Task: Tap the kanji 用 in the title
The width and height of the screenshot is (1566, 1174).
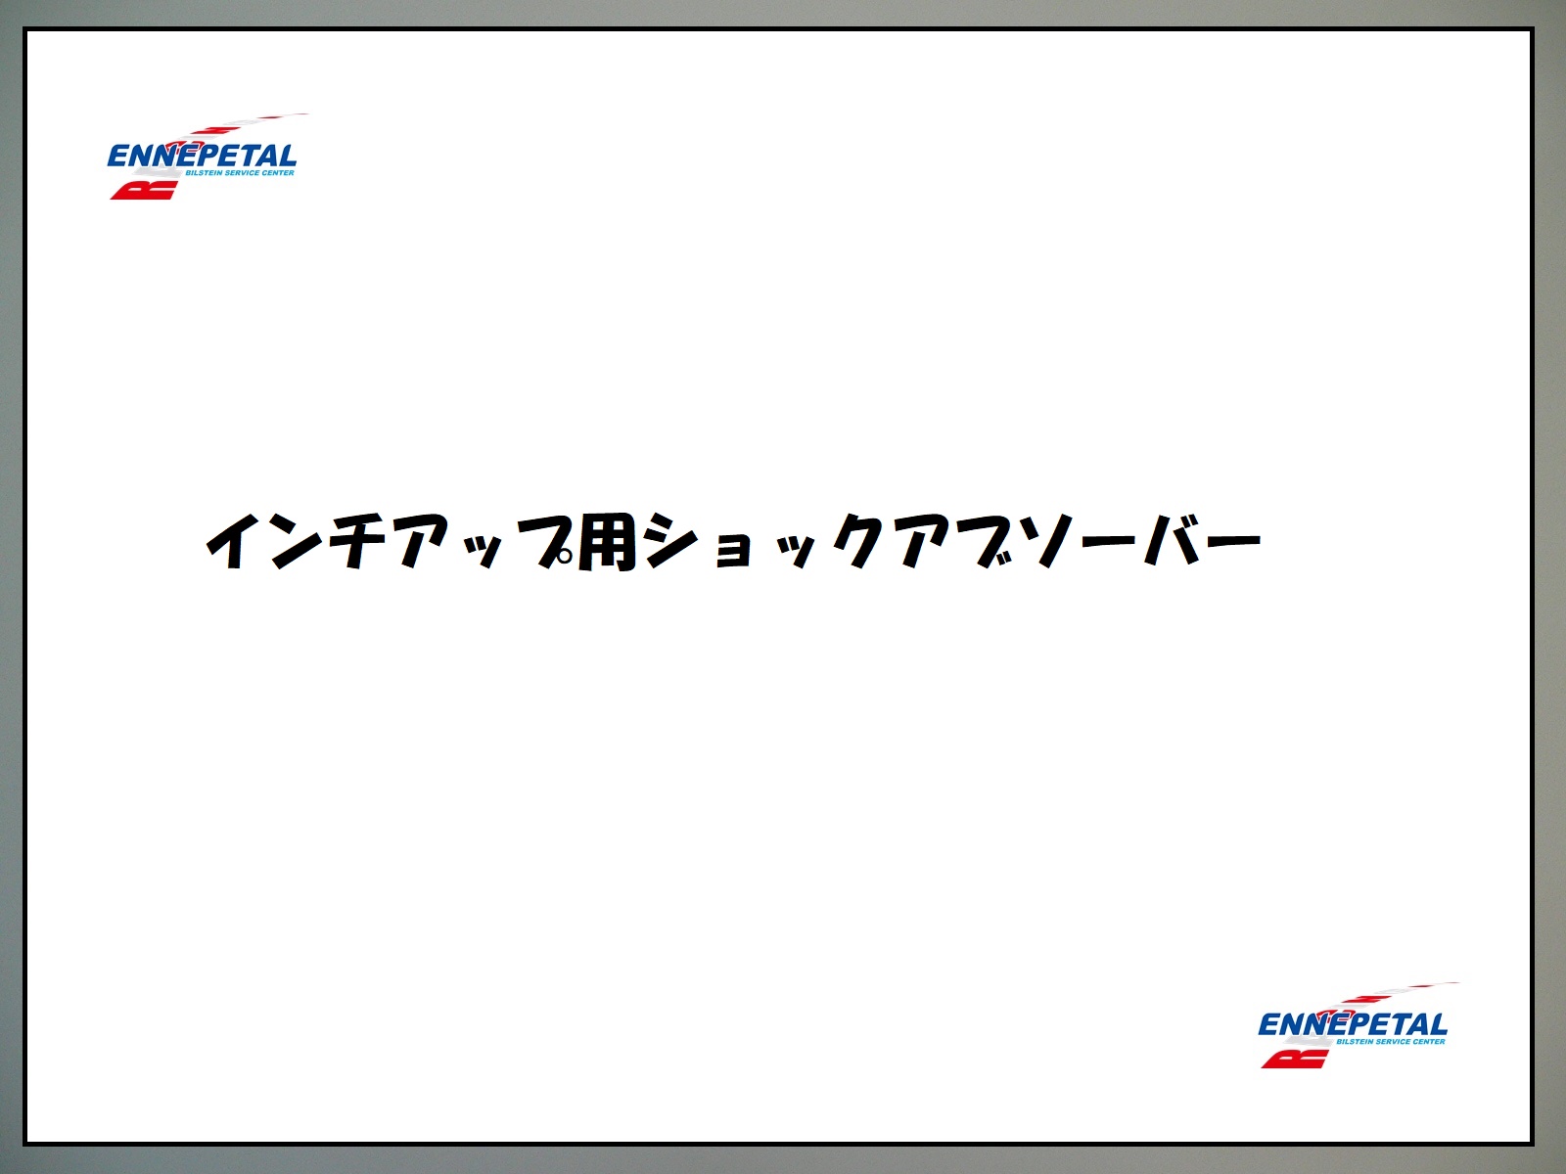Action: [x=607, y=542]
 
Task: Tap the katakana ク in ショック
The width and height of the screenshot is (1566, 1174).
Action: [x=859, y=541]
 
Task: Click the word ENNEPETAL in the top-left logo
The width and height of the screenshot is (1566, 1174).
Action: [x=202, y=157]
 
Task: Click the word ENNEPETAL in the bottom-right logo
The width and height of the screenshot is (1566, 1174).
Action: [x=1353, y=1025]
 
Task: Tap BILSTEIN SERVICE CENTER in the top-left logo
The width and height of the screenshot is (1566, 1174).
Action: [x=240, y=173]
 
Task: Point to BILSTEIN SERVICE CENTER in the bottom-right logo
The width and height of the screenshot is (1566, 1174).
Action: [x=1391, y=1042]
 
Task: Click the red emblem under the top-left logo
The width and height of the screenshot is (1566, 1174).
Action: [x=144, y=191]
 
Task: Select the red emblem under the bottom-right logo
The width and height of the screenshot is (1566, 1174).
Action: [x=1295, y=1060]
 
